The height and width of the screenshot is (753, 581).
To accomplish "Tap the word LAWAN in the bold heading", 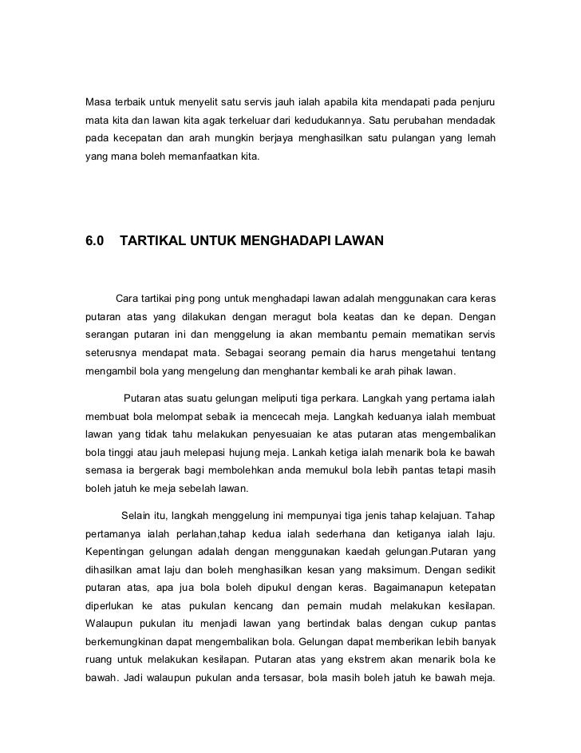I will pos(359,240).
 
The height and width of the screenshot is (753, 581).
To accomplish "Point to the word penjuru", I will pos(476,103).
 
